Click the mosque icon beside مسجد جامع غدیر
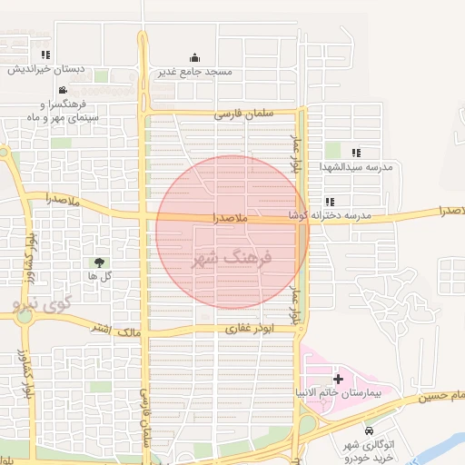194,57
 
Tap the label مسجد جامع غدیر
194,71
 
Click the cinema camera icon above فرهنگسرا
62,90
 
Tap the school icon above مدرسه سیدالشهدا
356,153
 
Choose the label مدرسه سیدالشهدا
356,167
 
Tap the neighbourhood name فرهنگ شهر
232,258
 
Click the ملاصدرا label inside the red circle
230,219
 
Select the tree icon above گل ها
99,262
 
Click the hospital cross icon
338,379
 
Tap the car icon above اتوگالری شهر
368,430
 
